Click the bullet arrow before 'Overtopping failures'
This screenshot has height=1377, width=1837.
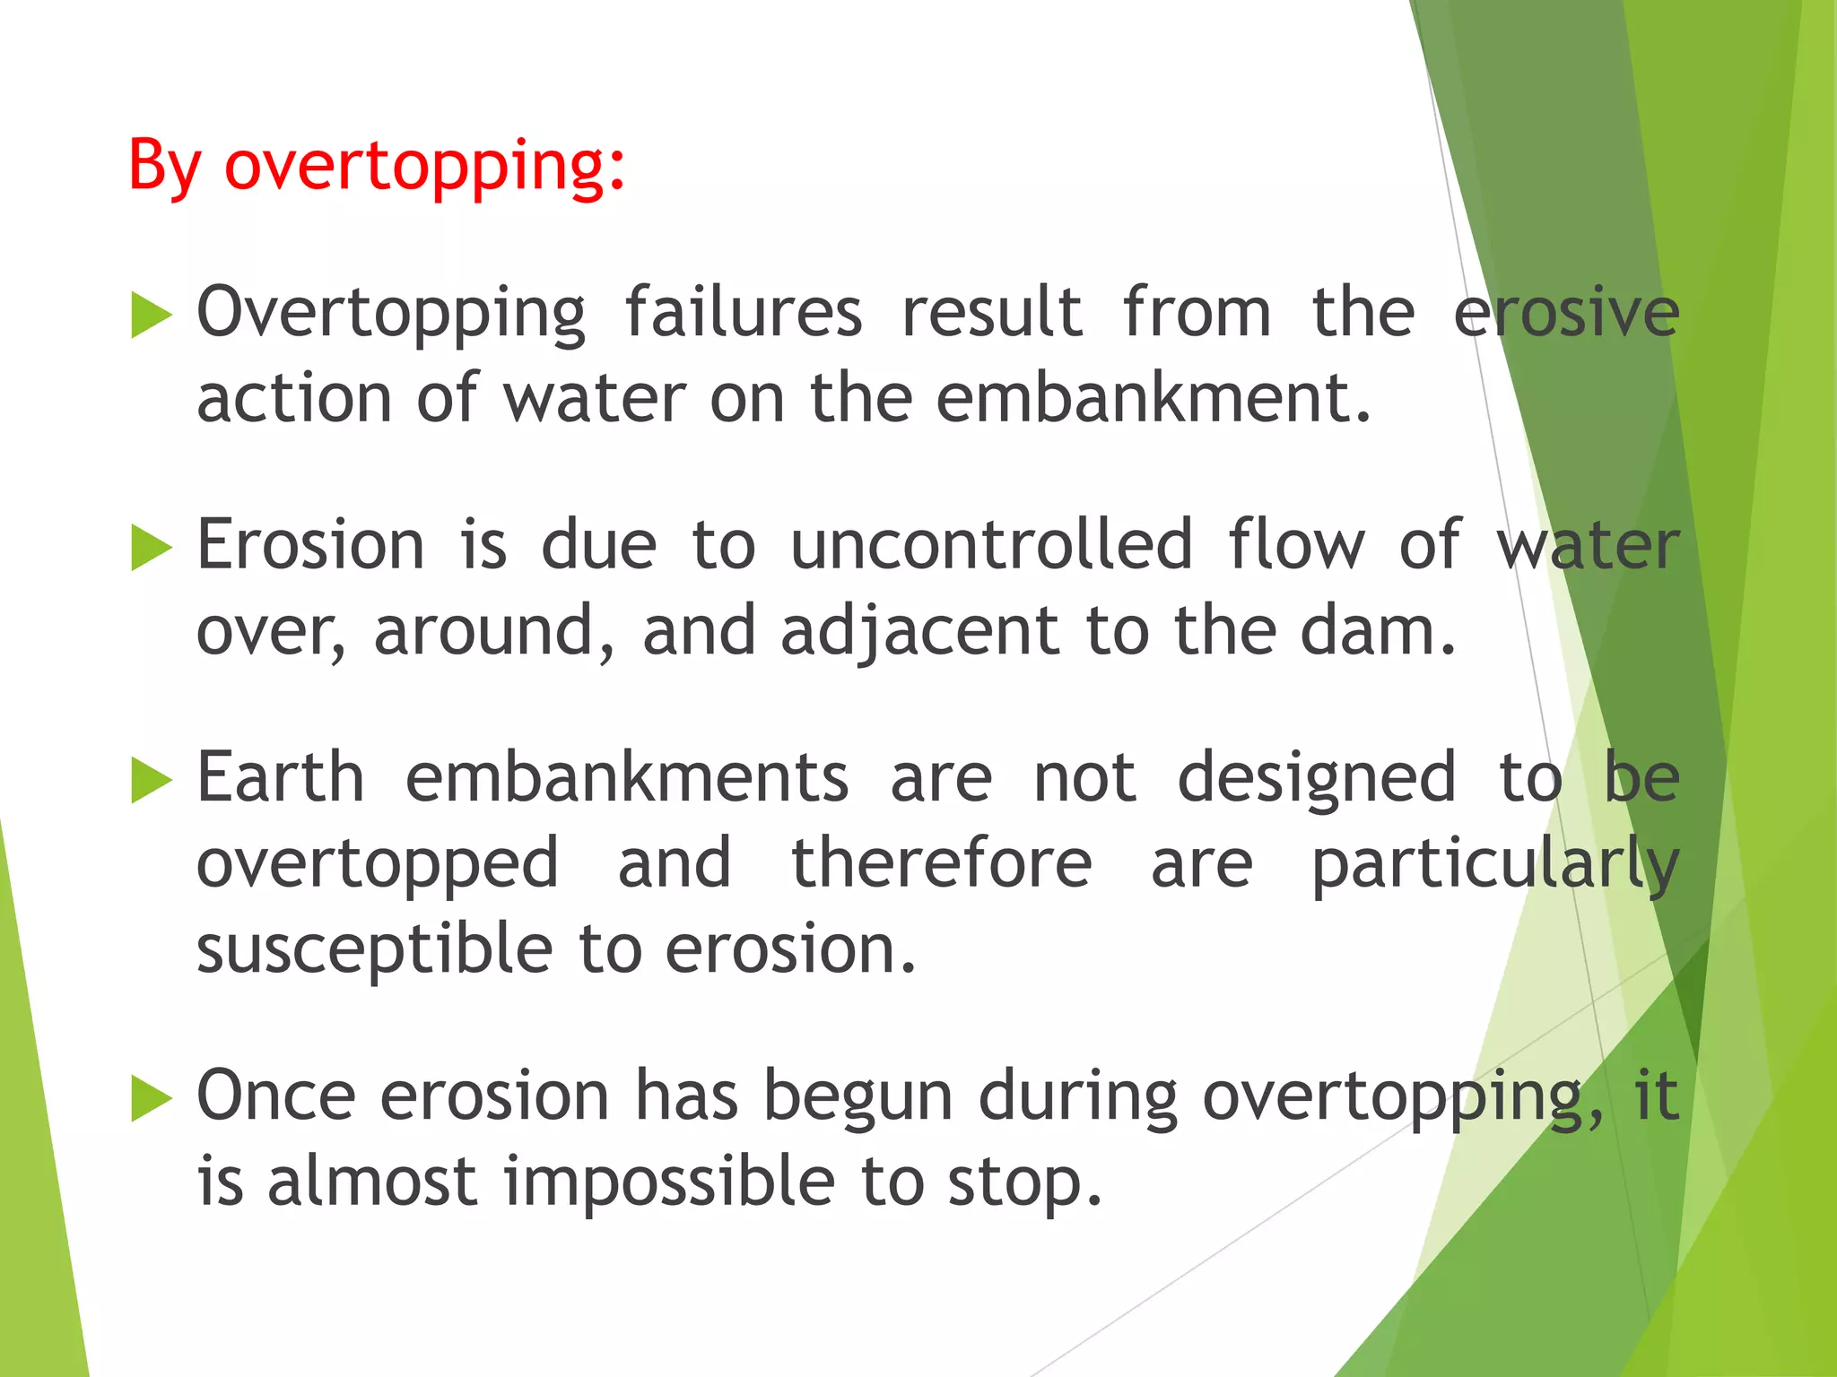151,315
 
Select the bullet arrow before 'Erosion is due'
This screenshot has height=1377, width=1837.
151,548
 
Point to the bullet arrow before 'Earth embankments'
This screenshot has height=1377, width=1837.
151,780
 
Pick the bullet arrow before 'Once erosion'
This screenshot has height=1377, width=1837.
151,1098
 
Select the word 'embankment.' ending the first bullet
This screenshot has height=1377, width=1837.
1154,398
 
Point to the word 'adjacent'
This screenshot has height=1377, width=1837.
920,631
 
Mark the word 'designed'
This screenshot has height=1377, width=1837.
1317,780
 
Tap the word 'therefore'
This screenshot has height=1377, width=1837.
942,863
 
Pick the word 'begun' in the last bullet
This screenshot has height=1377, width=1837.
858,1098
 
